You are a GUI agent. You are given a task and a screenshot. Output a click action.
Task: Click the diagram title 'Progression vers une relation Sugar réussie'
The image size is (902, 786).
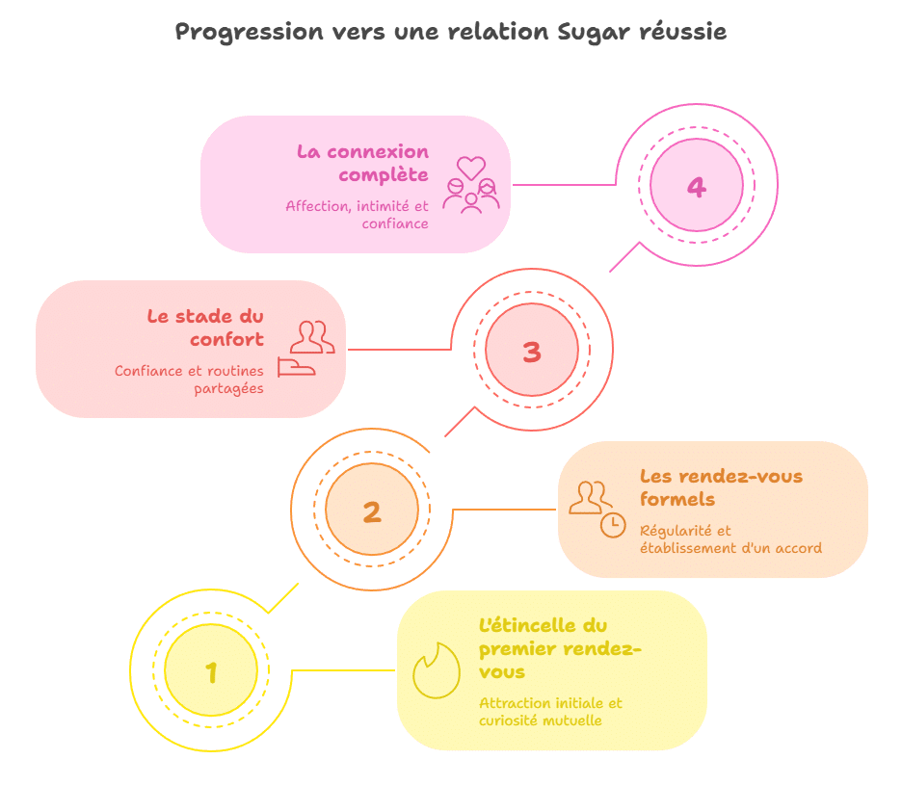[450, 32]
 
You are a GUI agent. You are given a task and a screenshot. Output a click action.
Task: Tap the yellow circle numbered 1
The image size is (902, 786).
[211, 671]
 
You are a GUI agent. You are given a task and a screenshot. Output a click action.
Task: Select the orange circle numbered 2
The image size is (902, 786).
[372, 511]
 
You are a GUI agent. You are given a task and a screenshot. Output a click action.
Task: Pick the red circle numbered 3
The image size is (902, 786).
[531, 352]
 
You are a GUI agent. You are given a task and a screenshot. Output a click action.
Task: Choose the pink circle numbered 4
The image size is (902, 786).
[696, 186]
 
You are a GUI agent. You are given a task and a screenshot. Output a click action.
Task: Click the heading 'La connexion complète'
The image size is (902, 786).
[362, 163]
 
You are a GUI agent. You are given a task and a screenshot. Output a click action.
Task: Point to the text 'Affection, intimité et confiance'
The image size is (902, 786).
[358, 214]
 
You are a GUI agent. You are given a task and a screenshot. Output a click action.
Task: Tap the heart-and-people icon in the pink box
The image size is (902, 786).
[470, 184]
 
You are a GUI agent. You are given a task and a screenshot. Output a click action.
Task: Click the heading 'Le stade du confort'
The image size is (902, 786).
[205, 327]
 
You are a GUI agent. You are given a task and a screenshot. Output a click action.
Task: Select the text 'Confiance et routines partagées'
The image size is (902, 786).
[189, 380]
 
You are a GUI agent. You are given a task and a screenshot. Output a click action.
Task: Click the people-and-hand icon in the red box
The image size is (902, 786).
[306, 349]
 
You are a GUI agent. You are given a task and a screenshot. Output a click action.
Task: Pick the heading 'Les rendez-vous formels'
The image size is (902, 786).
[721, 487]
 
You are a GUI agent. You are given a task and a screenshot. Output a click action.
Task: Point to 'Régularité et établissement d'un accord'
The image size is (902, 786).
[730, 539]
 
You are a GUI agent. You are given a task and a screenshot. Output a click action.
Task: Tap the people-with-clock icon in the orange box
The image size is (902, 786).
[597, 509]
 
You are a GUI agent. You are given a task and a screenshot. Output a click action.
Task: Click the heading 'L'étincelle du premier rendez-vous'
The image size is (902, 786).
[559, 648]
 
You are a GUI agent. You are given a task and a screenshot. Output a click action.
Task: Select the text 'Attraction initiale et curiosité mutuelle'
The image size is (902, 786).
[550, 711]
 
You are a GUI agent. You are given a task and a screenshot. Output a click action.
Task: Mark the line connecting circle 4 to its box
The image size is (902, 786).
[564, 184]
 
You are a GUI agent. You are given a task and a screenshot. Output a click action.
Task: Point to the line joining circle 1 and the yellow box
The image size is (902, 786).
[343, 670]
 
